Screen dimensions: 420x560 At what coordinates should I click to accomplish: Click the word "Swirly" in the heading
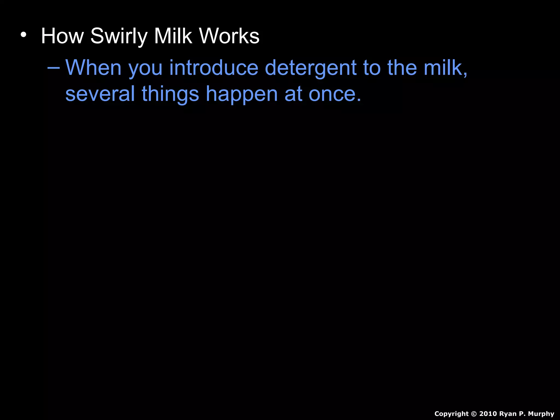(x=119, y=36)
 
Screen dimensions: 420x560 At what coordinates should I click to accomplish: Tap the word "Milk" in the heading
(x=173, y=36)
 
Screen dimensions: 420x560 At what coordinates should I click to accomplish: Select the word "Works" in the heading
(x=229, y=36)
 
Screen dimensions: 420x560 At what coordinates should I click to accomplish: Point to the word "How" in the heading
(x=62, y=36)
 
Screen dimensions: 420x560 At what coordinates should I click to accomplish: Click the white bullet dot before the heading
(x=24, y=35)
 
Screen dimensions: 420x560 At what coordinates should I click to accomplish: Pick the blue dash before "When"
(x=53, y=67)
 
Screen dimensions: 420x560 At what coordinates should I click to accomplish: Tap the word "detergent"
(x=311, y=68)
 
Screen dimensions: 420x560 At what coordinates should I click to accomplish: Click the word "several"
(x=100, y=94)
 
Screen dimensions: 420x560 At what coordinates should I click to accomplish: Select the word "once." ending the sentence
(x=335, y=94)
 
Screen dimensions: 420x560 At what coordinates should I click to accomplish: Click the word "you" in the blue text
(x=145, y=68)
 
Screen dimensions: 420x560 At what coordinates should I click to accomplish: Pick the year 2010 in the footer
(x=488, y=414)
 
